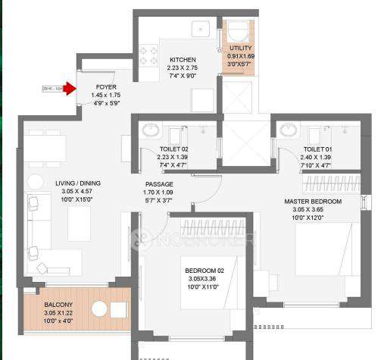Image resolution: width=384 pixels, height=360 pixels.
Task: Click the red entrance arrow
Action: pos(69,89)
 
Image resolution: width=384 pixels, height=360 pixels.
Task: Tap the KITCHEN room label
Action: pos(183,60)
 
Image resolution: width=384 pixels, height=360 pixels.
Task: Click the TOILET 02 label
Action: pos(173,149)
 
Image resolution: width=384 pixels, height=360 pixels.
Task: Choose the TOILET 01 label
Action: pos(316,149)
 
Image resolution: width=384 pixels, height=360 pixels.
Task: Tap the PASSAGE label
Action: pos(159,184)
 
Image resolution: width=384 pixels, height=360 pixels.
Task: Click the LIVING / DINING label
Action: pos(77,183)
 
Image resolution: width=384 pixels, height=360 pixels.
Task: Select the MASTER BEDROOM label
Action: pos(312,201)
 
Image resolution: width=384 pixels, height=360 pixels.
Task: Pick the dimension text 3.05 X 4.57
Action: pos(77,192)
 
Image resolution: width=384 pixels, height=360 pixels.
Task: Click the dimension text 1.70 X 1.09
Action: pos(159,193)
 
